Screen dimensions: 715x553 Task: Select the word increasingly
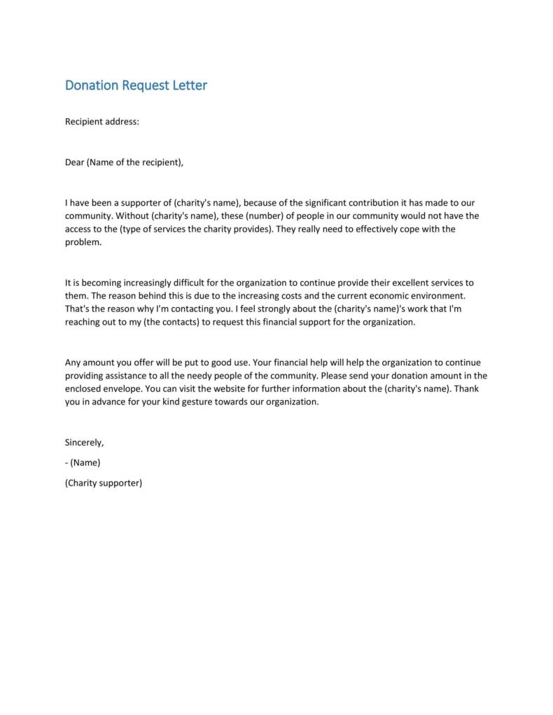pyautogui.click(x=152, y=283)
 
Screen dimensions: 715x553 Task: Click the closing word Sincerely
pyautogui.click(x=84, y=442)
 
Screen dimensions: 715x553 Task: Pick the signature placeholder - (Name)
pyautogui.click(x=83, y=462)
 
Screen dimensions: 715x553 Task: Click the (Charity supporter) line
pyautogui.click(x=104, y=483)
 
